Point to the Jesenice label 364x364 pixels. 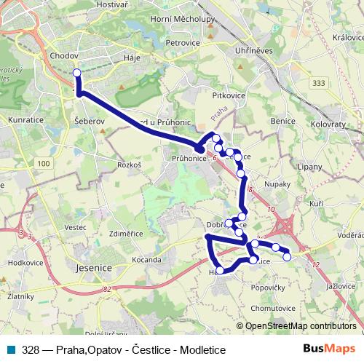pos(92,266)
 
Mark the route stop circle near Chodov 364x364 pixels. pos(77,72)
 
